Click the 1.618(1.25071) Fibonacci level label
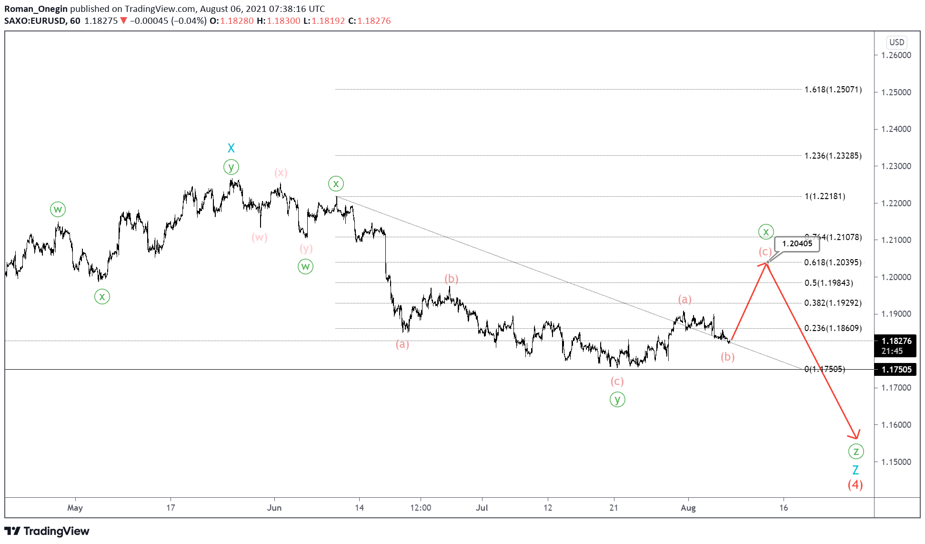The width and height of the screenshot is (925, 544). pyautogui.click(x=833, y=90)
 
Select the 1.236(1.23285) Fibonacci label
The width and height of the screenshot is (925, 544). pyautogui.click(x=833, y=156)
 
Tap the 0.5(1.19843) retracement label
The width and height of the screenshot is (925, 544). pyautogui.click(x=828, y=283)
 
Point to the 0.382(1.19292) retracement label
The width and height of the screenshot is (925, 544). pyautogui.click(x=833, y=303)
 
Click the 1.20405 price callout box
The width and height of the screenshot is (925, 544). pyautogui.click(x=797, y=244)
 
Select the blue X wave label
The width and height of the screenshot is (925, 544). pyautogui.click(x=231, y=148)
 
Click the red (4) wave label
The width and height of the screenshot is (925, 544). pyautogui.click(x=855, y=485)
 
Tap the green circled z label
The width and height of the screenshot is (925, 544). pyautogui.click(x=856, y=451)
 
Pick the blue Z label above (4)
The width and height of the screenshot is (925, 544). pyautogui.click(x=855, y=470)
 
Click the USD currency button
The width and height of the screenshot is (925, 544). pyautogui.click(x=896, y=42)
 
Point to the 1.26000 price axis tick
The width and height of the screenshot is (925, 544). pyautogui.click(x=896, y=55)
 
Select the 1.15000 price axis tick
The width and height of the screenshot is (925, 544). pyautogui.click(x=896, y=462)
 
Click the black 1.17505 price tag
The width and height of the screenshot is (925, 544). pyautogui.click(x=896, y=370)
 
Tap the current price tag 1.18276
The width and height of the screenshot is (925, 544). pyautogui.click(x=896, y=341)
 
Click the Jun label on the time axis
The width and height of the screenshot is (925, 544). pyautogui.click(x=274, y=508)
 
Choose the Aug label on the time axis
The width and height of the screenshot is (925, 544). pyautogui.click(x=688, y=508)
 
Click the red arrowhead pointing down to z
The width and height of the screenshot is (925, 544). pyautogui.click(x=855, y=434)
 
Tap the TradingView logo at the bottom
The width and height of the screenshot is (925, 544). pyautogui.click(x=47, y=531)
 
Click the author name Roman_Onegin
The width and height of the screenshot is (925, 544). pyautogui.click(x=36, y=9)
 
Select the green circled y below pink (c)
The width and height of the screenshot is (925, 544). pyautogui.click(x=617, y=400)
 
